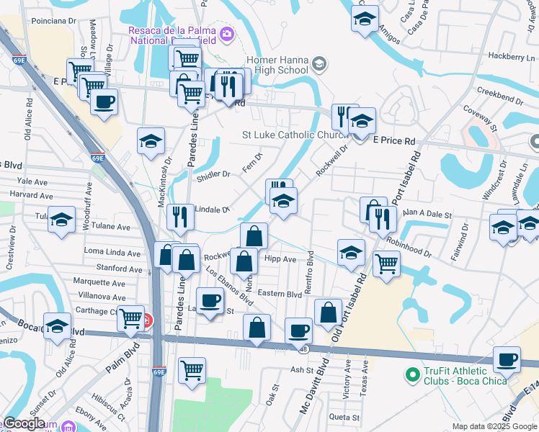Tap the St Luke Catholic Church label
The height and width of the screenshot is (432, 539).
coord(296,135)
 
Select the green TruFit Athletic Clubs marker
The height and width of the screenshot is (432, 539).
coord(412,374)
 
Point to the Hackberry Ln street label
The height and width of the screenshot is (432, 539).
coord(509,55)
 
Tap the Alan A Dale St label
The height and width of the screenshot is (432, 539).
coord(427,215)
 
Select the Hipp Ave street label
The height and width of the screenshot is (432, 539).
coord(280,259)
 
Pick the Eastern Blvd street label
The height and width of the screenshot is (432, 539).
coord(280,294)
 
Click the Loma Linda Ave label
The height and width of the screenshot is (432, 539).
coord(112,253)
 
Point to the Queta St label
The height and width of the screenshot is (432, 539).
coord(344,416)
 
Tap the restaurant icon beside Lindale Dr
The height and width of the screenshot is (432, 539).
coord(180,217)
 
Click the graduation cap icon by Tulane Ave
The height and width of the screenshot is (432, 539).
coord(62,219)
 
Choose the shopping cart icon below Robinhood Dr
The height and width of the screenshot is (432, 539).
coord(387,264)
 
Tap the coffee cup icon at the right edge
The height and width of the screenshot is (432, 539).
coord(507,359)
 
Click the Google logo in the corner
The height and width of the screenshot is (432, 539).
coord(24,423)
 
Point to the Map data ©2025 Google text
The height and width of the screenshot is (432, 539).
coord(494,426)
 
